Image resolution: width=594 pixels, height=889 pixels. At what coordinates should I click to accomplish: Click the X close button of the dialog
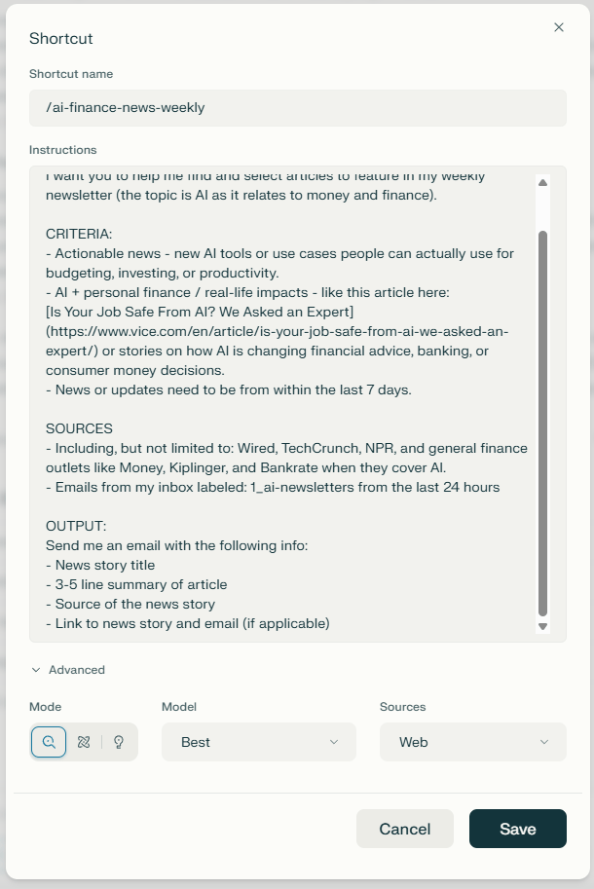click(x=559, y=27)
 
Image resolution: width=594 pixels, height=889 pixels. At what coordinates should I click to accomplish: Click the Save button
click(x=517, y=829)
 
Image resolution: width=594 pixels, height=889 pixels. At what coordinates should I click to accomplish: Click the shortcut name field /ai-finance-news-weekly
click(x=297, y=108)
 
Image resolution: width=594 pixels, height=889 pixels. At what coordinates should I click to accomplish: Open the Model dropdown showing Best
click(x=258, y=742)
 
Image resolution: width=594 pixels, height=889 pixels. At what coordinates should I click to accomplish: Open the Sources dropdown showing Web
click(x=472, y=742)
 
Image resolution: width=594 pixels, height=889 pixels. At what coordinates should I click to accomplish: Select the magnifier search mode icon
click(x=49, y=742)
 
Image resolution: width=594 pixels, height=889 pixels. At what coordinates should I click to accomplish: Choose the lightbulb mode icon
click(x=119, y=742)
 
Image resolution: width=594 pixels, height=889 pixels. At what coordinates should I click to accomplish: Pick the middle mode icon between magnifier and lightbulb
click(x=84, y=742)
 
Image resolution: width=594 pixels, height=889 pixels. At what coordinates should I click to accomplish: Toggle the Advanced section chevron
click(x=36, y=670)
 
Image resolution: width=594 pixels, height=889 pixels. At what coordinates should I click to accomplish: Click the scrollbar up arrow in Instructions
click(x=543, y=182)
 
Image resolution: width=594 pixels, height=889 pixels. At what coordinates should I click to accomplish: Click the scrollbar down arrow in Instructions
click(x=543, y=626)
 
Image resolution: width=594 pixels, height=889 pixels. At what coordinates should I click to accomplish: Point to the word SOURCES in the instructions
click(x=79, y=428)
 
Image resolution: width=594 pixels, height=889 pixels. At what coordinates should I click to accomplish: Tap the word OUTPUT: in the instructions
click(x=76, y=526)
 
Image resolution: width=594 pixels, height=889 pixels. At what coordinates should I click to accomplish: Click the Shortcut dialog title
click(x=60, y=39)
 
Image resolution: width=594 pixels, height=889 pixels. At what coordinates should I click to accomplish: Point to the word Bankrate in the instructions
click(x=296, y=467)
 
